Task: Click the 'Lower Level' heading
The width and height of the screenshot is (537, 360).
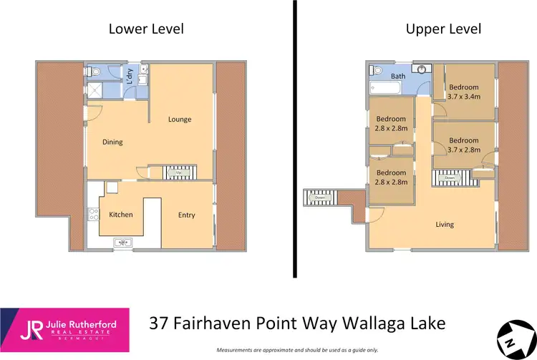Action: [x=146, y=29]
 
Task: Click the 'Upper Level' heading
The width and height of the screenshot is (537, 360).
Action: [x=443, y=29]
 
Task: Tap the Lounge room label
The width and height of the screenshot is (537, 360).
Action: [x=180, y=120]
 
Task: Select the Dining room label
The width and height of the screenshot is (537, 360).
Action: [x=112, y=142]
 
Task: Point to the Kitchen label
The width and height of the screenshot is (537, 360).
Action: [x=120, y=215]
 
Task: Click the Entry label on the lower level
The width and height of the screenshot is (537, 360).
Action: [x=186, y=215]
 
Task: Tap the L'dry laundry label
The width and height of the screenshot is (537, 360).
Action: [x=130, y=74]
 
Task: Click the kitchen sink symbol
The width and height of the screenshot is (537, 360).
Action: [x=122, y=243]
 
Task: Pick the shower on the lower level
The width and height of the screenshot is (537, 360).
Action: [x=94, y=90]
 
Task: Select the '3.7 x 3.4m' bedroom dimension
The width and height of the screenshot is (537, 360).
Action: [x=463, y=96]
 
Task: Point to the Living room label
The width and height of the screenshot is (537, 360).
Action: [x=445, y=225]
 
